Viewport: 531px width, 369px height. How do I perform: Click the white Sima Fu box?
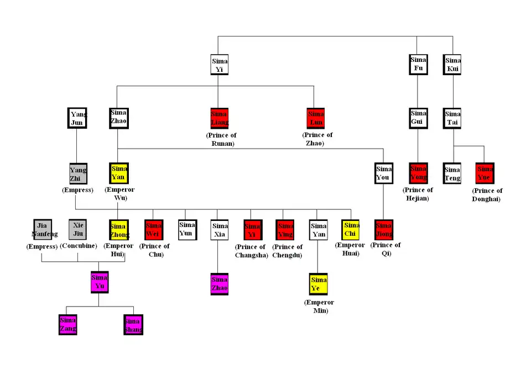click(x=418, y=65)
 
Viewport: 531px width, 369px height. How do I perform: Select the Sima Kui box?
click(x=452, y=65)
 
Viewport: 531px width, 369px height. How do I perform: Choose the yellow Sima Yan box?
click(x=118, y=173)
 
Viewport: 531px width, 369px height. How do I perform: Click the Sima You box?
click(x=383, y=173)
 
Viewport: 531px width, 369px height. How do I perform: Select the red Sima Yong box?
click(x=418, y=173)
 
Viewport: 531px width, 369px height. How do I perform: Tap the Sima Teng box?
click(x=452, y=173)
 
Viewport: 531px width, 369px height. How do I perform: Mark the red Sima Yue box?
click(x=485, y=173)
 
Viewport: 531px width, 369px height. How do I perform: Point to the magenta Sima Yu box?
click(x=99, y=282)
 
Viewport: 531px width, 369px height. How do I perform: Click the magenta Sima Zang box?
click(x=68, y=324)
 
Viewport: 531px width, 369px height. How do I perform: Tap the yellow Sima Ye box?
click(x=319, y=284)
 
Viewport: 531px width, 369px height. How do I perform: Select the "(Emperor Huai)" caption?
click(x=351, y=249)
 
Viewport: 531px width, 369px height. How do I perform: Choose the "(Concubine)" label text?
click(x=77, y=246)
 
